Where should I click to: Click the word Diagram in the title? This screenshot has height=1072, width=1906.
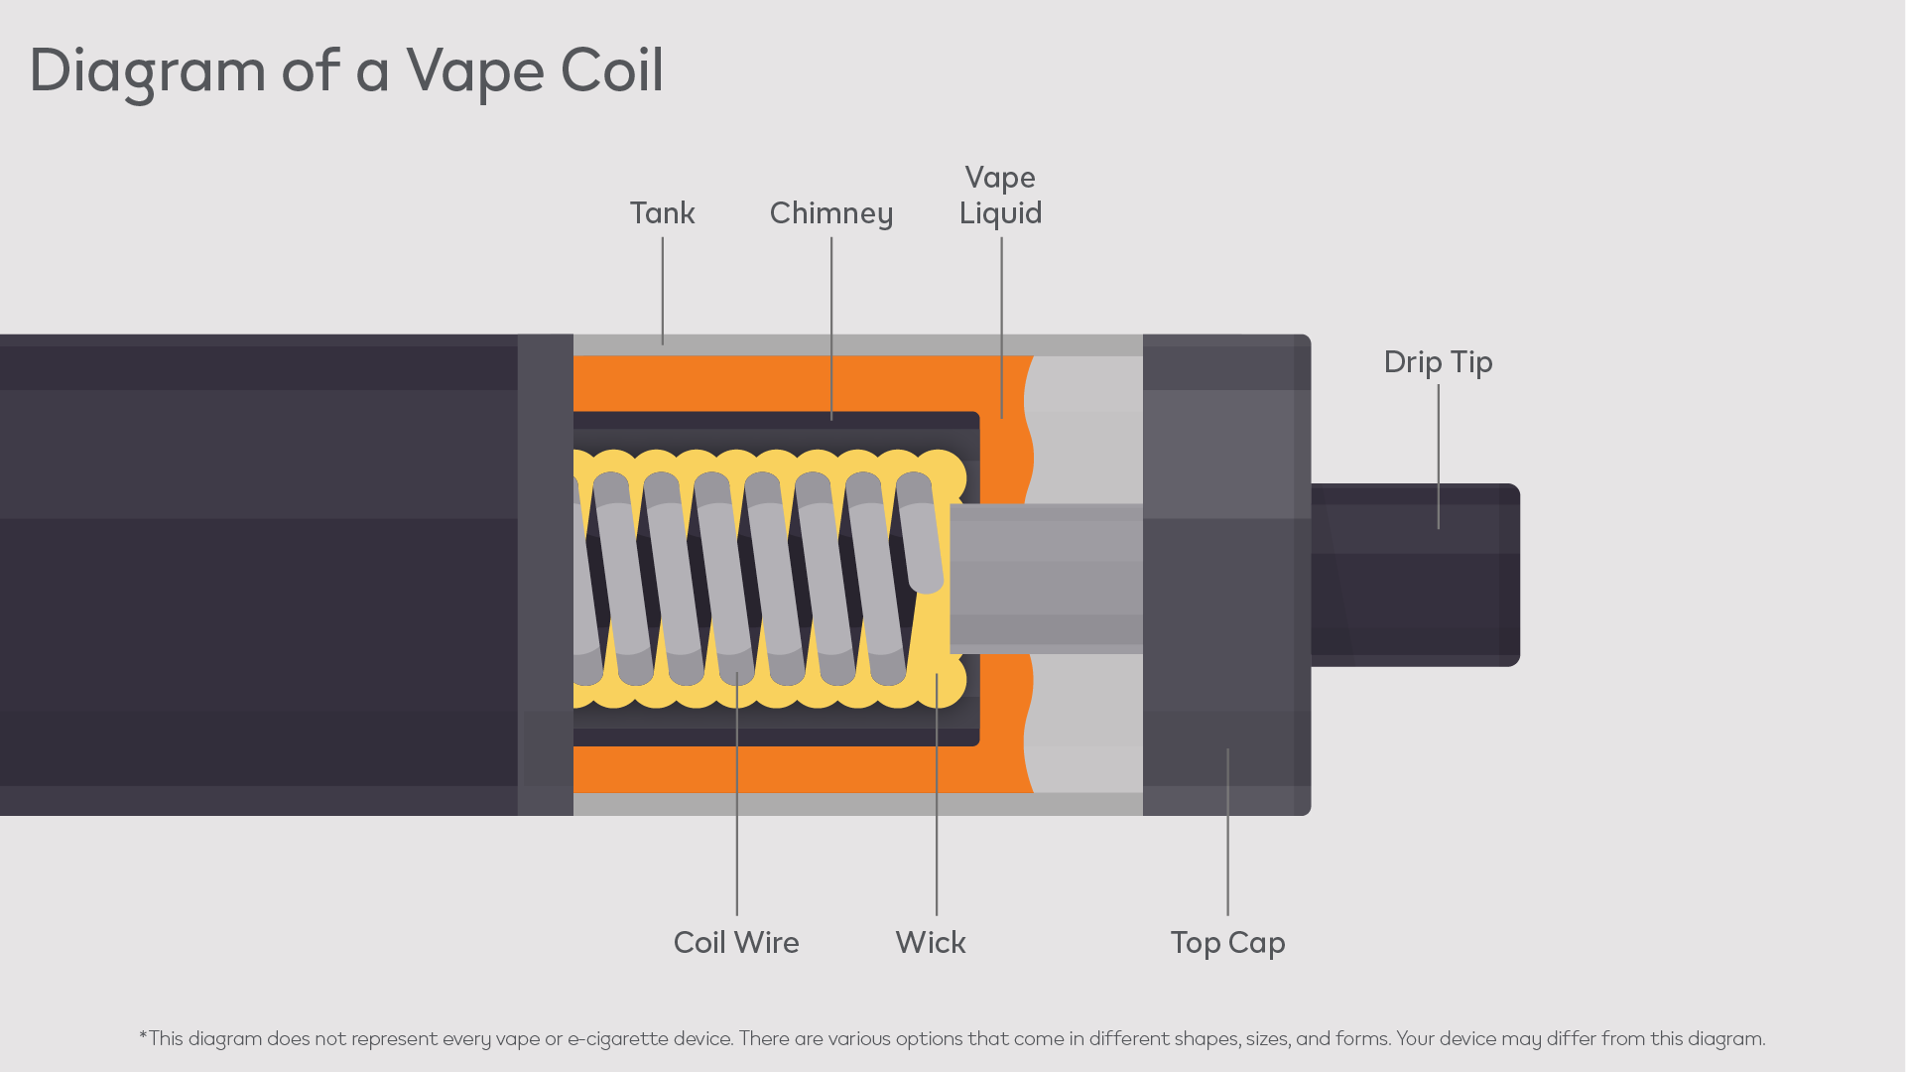pos(147,71)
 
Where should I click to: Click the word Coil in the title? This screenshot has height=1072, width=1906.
pos(611,70)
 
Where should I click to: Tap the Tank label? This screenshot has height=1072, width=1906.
pos(662,213)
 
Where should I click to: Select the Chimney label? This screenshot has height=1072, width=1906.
pos(831,213)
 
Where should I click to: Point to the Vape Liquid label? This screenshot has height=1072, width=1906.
pos(1000,196)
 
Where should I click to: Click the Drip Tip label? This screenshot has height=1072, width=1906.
pos(1438,362)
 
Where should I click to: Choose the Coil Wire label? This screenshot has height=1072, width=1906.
pos(736,942)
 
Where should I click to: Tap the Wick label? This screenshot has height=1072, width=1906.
pos(931,942)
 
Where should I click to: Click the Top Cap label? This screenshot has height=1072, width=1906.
pos(1227,942)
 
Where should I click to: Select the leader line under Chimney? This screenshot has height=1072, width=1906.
pos(831,328)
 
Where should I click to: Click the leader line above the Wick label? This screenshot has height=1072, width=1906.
pos(937,794)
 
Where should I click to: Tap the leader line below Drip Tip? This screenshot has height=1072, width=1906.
pos(1438,457)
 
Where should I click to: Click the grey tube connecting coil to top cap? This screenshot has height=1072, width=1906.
pos(1046,579)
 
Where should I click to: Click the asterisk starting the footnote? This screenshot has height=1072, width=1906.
pos(143,1037)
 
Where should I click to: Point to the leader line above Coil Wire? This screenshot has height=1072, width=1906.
pos(737,794)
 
